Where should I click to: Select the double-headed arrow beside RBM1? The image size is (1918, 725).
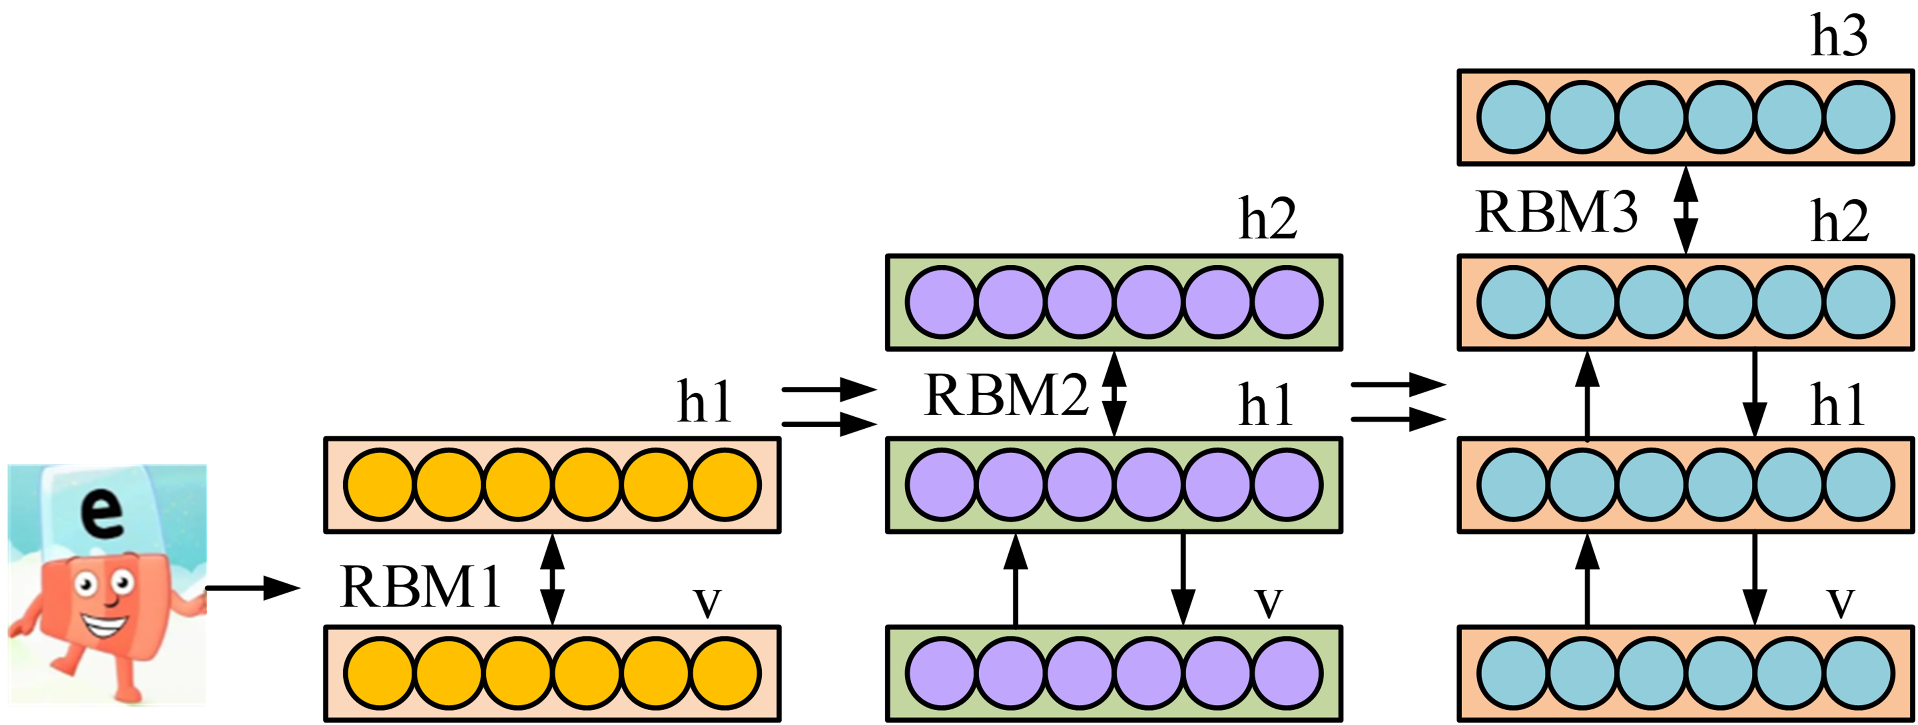pos(552,579)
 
